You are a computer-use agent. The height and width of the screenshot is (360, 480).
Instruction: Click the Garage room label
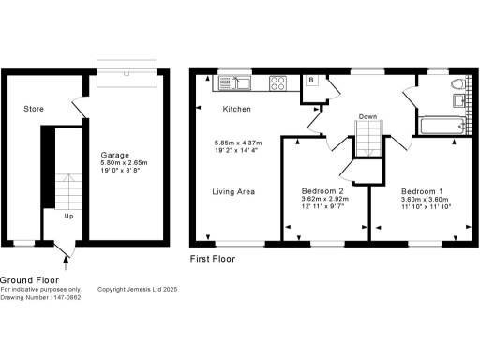pyautogui.click(x=114, y=155)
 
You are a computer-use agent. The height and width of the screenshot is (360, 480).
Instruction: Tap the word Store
pyautogui.click(x=35, y=110)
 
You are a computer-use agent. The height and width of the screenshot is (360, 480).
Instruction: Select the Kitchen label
pyautogui.click(x=236, y=110)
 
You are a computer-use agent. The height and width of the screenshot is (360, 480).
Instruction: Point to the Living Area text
pyautogui.click(x=234, y=192)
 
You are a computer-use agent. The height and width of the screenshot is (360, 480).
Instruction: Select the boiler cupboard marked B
pyautogui.click(x=311, y=82)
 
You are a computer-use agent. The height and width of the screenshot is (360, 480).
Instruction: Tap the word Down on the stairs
pyautogui.click(x=367, y=117)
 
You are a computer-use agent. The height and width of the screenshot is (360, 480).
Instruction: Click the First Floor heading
pyautogui.click(x=213, y=259)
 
